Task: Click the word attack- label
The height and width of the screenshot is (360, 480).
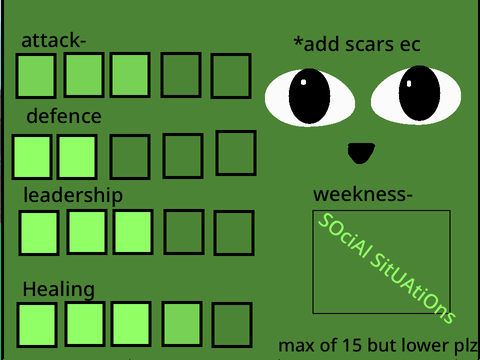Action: pos(54,40)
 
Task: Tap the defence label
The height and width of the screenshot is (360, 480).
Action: pos(64,116)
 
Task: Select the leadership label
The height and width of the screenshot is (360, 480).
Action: pos(73,195)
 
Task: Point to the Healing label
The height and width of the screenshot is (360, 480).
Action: pos(59,289)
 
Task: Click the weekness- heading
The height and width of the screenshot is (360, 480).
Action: pos(363,194)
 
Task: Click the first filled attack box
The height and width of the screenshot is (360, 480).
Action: pos(36,76)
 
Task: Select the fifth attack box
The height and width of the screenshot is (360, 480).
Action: pos(231,76)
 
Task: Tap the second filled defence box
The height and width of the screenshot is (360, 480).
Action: pos(77,157)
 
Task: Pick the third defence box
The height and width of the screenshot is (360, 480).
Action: pos(130,157)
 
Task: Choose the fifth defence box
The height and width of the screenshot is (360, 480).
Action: pos(236,153)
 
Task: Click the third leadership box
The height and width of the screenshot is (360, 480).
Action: pos(133,232)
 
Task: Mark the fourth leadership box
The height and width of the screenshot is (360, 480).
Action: pos(184,232)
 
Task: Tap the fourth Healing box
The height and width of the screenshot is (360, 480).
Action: pos(182,324)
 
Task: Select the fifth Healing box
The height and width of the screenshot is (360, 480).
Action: pos(232,325)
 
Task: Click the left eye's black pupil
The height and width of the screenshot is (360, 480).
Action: pos(309,96)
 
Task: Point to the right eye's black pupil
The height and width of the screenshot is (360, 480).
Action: pos(419,93)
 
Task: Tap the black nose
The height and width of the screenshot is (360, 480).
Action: pos(361,153)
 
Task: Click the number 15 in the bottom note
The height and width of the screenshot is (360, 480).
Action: pos(352,346)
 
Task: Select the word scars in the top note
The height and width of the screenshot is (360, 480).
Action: pos(369,44)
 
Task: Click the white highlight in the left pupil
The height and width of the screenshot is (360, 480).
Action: pos(303,82)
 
